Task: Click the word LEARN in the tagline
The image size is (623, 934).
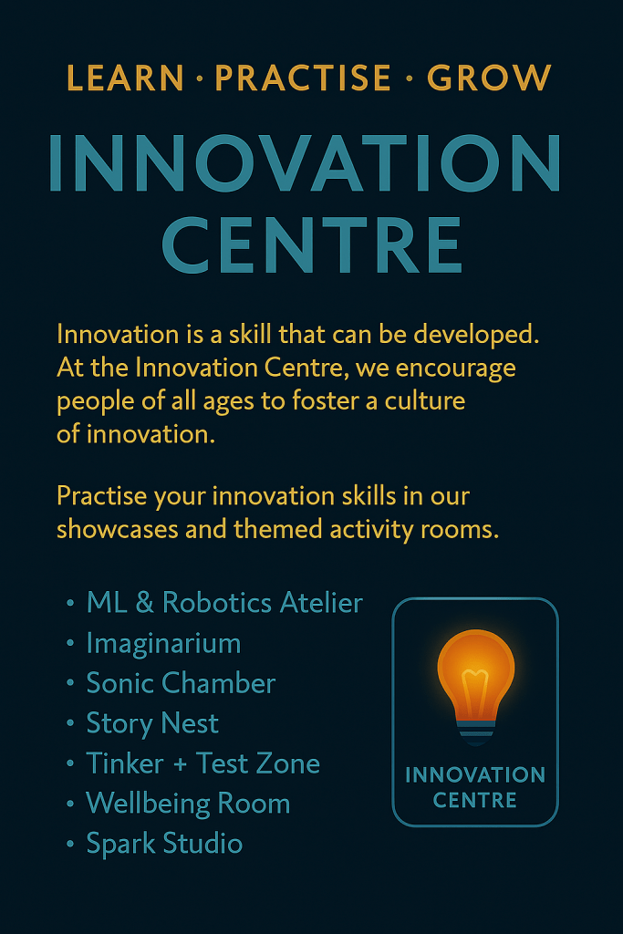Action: [x=125, y=78]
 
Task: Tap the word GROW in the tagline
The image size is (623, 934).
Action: [x=489, y=78]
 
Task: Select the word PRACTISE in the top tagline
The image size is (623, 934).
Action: [x=303, y=78]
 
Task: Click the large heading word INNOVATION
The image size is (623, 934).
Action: [x=305, y=162]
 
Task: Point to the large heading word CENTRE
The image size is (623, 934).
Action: [x=312, y=244]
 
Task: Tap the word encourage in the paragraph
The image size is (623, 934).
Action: [x=456, y=368]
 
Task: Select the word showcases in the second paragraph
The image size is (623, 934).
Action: [x=118, y=529]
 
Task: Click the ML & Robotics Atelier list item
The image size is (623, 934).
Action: [x=224, y=603]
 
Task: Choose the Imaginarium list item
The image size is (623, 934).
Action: [x=164, y=643]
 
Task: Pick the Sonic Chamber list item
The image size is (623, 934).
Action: [x=182, y=683]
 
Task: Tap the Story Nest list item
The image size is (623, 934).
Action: [x=152, y=723]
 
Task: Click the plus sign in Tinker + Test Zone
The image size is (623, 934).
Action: [x=180, y=764]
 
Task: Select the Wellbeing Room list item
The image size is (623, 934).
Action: [x=188, y=804]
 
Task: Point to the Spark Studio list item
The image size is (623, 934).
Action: [x=164, y=844]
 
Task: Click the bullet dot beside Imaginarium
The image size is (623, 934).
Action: [x=70, y=644]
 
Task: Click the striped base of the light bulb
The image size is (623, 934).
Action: [x=476, y=732]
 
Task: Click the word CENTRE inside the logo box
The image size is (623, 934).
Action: [x=474, y=801]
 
